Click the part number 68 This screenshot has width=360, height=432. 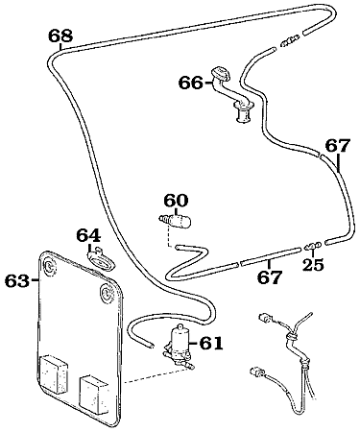pyautogui.click(x=60, y=36)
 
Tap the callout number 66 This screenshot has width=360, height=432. pyautogui.click(x=190, y=84)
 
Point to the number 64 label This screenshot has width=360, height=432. pyautogui.click(x=88, y=235)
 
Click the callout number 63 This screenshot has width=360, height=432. pyautogui.click(x=16, y=280)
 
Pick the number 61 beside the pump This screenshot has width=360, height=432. pyautogui.click(x=210, y=343)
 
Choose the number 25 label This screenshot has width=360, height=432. pyautogui.click(x=313, y=264)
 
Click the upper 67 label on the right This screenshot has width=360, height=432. pyautogui.click(x=337, y=146)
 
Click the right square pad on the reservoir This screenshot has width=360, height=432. pyautogui.click(x=94, y=389)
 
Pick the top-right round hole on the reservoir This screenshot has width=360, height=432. pyautogui.click(x=103, y=291)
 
